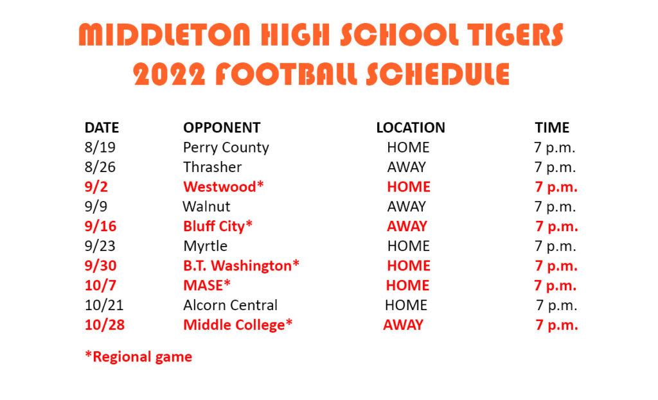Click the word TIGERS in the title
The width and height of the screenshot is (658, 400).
click(x=515, y=35)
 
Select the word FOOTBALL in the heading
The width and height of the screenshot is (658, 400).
click(x=285, y=74)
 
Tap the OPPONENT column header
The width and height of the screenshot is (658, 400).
click(x=222, y=128)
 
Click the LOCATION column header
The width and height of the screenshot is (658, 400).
click(x=411, y=128)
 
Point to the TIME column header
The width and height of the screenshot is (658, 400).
click(x=552, y=128)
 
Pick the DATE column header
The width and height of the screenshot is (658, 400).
click(x=102, y=128)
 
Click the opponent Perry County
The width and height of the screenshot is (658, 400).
click(x=226, y=148)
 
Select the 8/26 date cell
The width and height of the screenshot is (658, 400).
click(x=100, y=168)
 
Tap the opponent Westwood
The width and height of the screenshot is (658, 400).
click(x=223, y=187)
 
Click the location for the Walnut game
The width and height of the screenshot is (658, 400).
click(x=406, y=206)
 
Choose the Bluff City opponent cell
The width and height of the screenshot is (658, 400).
click(x=218, y=227)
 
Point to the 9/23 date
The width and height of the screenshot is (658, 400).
click(x=100, y=246)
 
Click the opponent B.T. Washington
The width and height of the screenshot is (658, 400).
click(x=242, y=266)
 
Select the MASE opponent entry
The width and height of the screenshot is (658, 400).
click(x=207, y=286)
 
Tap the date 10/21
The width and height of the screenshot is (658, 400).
click(x=104, y=305)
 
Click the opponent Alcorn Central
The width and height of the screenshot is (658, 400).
click(x=231, y=305)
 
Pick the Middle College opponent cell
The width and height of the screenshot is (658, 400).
click(x=238, y=325)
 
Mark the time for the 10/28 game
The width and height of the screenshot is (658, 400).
click(x=556, y=325)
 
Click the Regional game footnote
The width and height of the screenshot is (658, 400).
click(x=139, y=357)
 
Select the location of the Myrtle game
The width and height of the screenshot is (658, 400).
click(x=408, y=246)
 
